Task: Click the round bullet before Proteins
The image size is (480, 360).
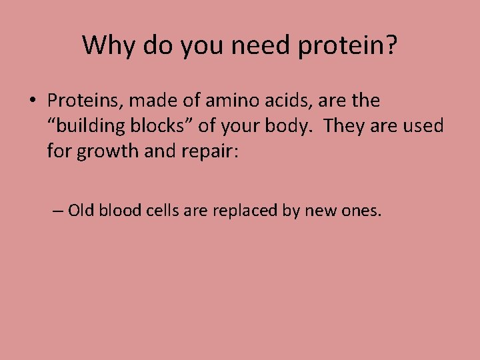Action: click(32, 101)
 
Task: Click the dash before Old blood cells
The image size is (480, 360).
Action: click(58, 211)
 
